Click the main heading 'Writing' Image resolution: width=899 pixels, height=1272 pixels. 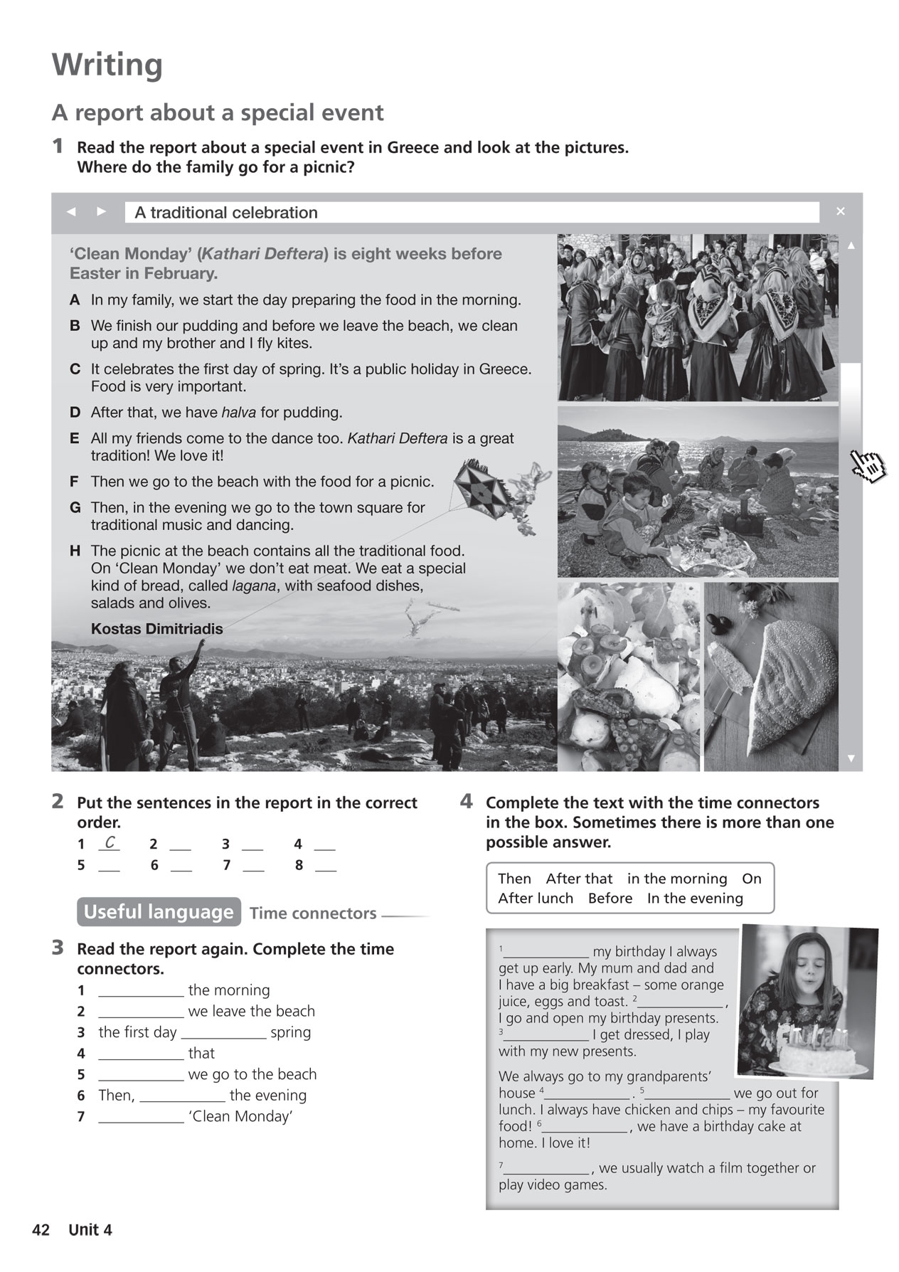107,65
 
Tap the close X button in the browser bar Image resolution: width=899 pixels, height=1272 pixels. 840,211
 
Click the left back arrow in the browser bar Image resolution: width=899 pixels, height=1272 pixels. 70,211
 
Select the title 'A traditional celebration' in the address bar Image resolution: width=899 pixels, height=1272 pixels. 226,213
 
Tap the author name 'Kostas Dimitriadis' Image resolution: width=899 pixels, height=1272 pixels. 156,629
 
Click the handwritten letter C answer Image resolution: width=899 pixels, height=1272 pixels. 109,843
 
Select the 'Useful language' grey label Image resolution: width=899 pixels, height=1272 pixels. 158,912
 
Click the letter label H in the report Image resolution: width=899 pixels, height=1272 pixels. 75,551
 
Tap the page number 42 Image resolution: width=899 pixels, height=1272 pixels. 41,1230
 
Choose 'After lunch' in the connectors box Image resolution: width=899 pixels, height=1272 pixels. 535,899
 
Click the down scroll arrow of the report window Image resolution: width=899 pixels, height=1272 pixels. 851,758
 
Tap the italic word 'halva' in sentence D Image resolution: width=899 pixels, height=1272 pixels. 238,413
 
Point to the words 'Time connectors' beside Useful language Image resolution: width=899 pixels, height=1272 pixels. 313,913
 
